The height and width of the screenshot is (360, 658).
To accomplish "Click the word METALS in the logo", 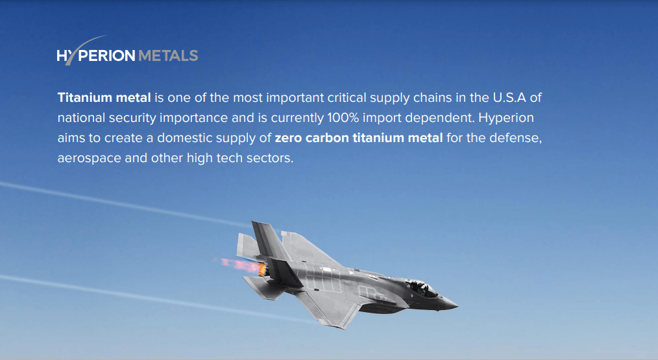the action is (x=168, y=56).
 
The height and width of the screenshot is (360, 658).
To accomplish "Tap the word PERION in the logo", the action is (x=106, y=56).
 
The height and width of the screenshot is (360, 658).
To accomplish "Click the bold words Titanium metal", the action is (x=104, y=97).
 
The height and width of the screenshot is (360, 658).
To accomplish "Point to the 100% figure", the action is (x=343, y=117).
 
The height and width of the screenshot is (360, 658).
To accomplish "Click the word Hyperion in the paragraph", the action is (x=506, y=118).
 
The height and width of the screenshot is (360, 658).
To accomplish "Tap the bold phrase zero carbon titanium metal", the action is (x=359, y=138).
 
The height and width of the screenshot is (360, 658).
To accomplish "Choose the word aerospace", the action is (x=90, y=159).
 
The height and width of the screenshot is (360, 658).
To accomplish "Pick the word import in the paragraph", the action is (x=381, y=118).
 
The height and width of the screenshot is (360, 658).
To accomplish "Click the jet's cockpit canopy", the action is (x=421, y=288).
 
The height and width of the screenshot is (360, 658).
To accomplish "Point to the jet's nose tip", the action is (x=457, y=306).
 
